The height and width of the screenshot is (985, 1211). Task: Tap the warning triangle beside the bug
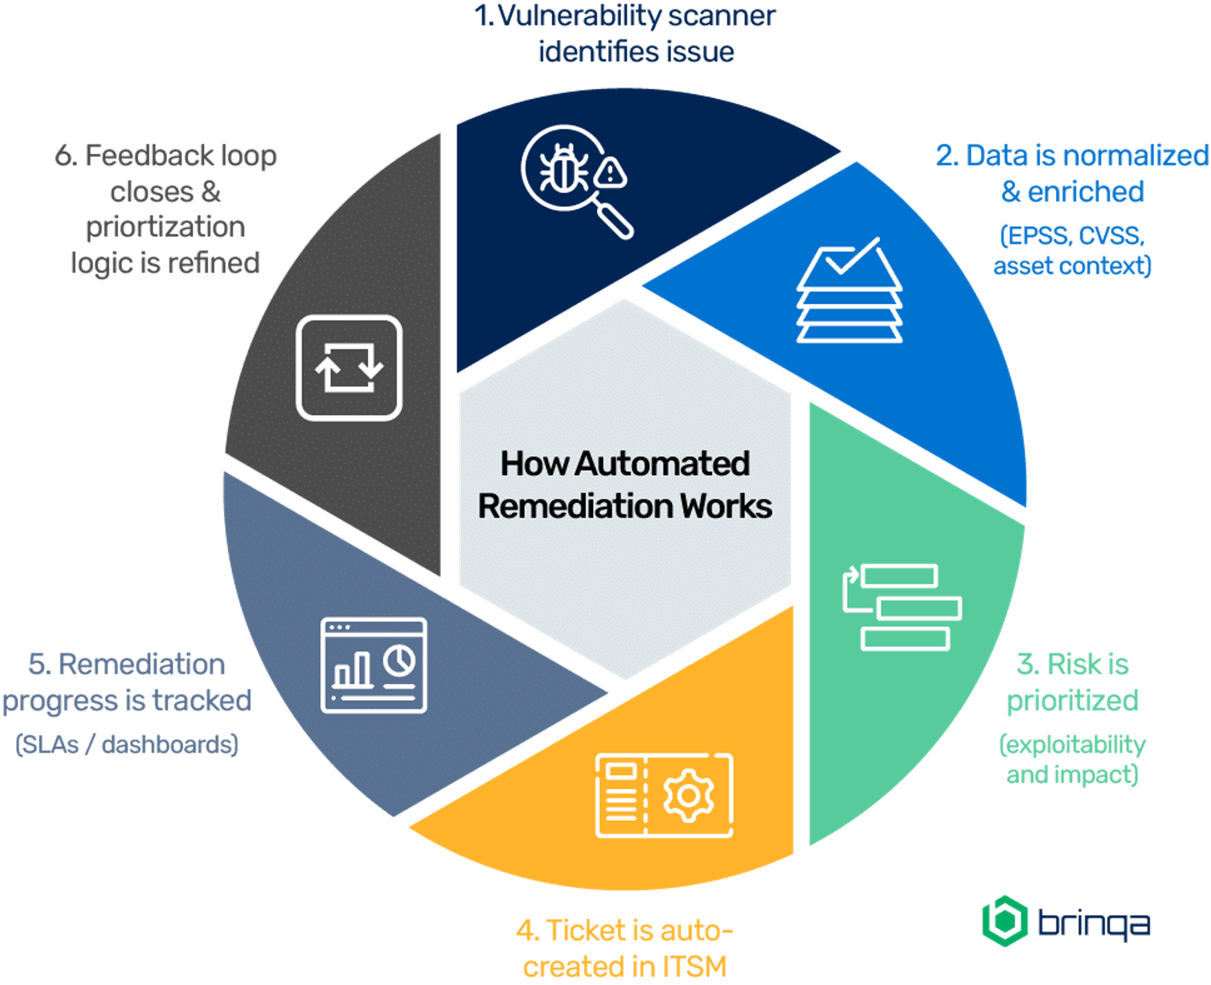(x=610, y=173)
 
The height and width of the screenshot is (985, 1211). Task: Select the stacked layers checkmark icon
(x=849, y=292)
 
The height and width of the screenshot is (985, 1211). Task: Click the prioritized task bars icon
(x=902, y=607)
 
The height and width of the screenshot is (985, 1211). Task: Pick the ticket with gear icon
(x=665, y=795)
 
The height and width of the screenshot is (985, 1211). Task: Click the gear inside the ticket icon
(x=688, y=796)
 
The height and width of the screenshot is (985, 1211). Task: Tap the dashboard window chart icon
(x=374, y=665)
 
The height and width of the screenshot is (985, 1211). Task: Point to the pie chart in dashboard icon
(x=399, y=661)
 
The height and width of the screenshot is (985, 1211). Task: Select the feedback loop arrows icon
(x=349, y=368)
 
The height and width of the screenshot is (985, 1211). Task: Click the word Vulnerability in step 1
(x=579, y=17)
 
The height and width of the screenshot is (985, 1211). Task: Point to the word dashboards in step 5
(x=169, y=745)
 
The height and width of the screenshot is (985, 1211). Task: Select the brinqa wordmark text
(x=1094, y=923)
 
